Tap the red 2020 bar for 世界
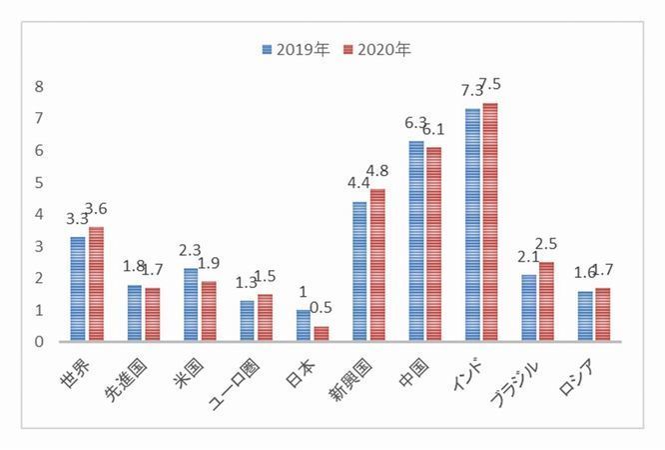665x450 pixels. [96, 284]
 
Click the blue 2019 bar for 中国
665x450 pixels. [416, 241]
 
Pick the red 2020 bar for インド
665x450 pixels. [489, 222]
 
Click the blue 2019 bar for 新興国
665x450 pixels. [359, 271]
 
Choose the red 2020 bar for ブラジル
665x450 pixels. [546, 302]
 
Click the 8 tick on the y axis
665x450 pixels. [39, 87]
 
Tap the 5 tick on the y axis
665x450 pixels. [39, 183]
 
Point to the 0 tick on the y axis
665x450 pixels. [39, 342]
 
